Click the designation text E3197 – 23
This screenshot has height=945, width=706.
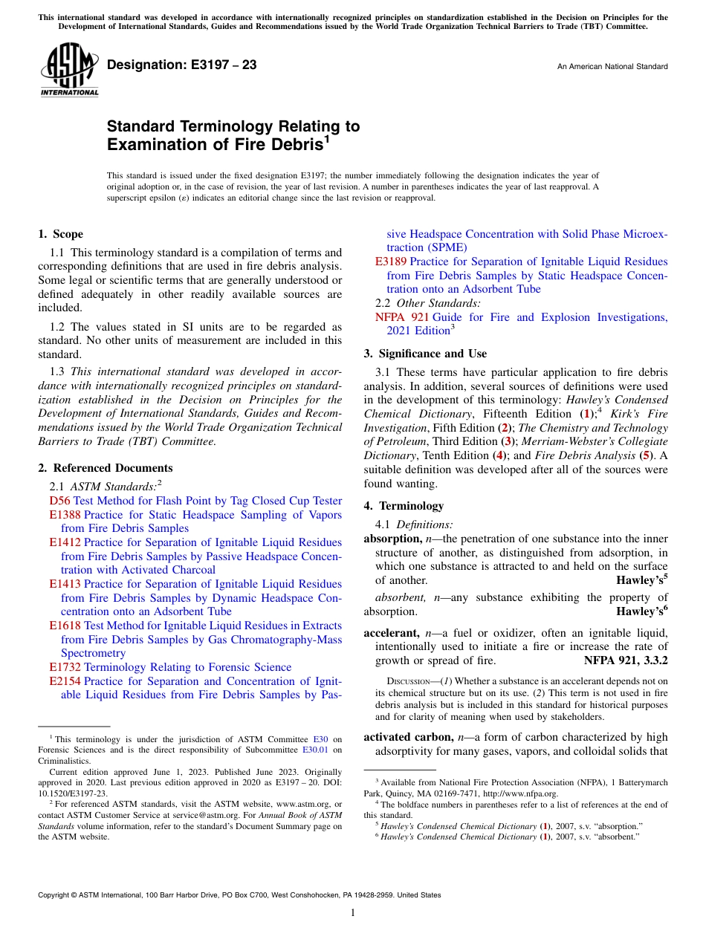click(x=182, y=65)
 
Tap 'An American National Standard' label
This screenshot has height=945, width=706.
click(x=612, y=67)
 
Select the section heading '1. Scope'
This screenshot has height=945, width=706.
click(x=61, y=234)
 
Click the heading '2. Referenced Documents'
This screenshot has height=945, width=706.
click(x=106, y=468)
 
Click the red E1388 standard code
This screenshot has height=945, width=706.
click(x=65, y=515)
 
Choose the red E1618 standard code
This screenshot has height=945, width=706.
click(x=65, y=626)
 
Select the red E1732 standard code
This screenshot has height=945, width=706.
click(x=65, y=667)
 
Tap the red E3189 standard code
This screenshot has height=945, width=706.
click(x=391, y=262)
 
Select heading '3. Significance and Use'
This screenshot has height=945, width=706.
click(x=426, y=354)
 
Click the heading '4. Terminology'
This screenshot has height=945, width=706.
click(x=404, y=506)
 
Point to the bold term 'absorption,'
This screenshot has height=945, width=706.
click(x=392, y=539)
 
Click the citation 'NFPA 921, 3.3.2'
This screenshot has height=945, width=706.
click(x=626, y=660)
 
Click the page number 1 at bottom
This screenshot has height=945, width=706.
click(x=353, y=912)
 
